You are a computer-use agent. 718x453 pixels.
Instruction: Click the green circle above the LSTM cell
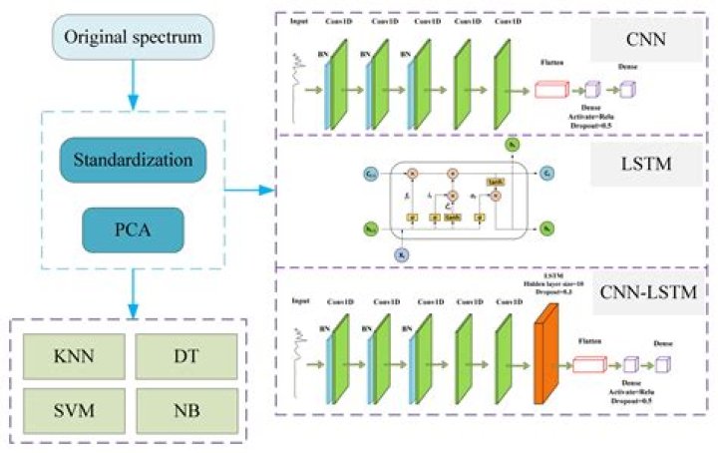511,146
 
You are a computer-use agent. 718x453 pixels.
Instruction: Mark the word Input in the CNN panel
297,19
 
